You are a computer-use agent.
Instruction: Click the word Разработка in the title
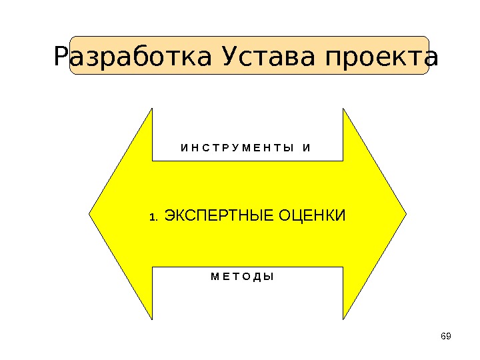click(x=135, y=57)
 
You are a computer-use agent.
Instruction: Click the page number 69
click(x=446, y=335)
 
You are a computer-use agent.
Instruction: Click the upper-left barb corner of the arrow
click(x=152, y=109)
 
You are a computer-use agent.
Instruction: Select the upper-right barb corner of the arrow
click(x=343, y=109)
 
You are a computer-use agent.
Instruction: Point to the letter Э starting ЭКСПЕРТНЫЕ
click(x=169, y=216)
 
